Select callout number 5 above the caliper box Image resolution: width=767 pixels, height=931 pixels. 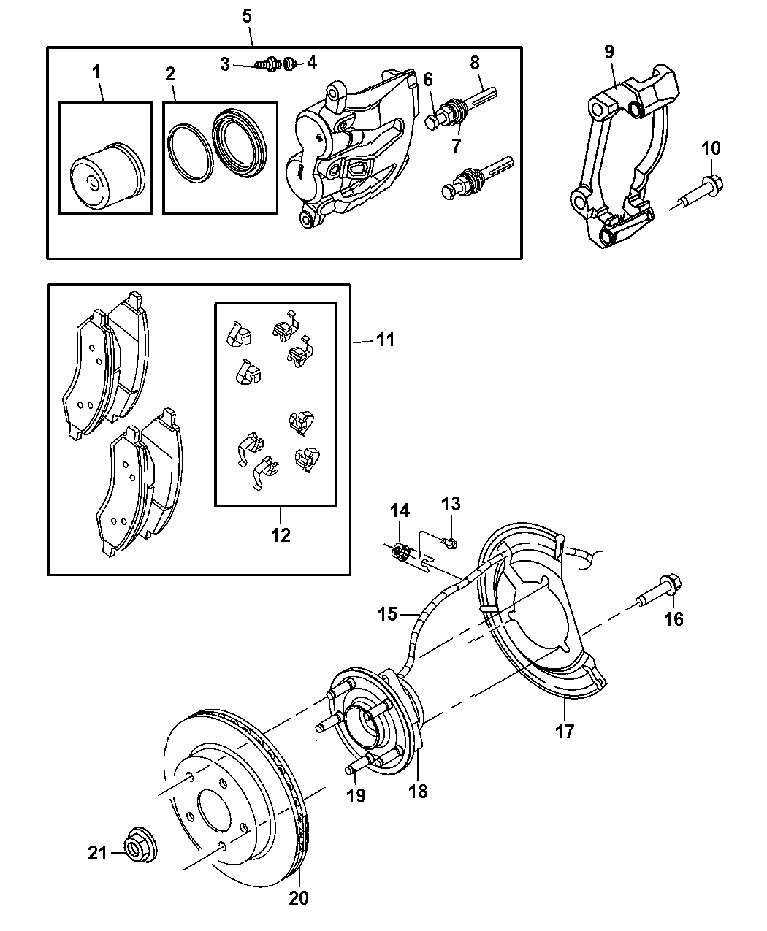[x=247, y=15]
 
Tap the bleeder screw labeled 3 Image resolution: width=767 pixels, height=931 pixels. [x=267, y=64]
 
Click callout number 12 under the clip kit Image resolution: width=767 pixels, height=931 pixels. [x=281, y=535]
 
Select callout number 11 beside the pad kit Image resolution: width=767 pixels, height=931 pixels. [x=385, y=340]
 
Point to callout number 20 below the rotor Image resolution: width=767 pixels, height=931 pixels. [x=298, y=897]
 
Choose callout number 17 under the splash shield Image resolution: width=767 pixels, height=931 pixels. [x=565, y=730]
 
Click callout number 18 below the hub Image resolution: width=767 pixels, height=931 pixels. [x=418, y=790]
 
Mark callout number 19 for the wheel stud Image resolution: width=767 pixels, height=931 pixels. [x=355, y=795]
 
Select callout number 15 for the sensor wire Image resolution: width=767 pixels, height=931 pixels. [x=388, y=613]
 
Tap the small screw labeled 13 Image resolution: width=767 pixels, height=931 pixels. [x=450, y=543]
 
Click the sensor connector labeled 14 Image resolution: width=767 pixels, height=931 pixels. [x=401, y=552]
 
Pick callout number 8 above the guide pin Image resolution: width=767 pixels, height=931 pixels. [x=475, y=62]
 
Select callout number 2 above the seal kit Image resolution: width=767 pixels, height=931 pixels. [x=169, y=73]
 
